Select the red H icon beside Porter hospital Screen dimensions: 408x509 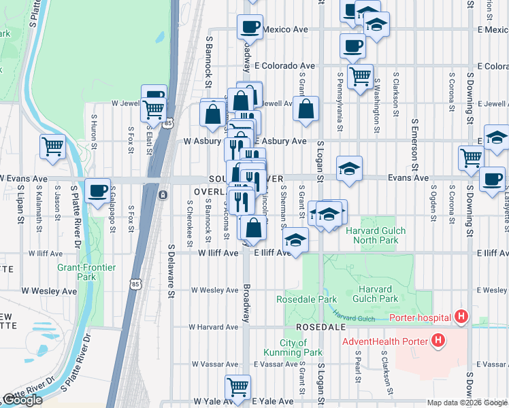click(462, 316)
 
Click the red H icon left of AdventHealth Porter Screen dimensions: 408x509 click(439, 341)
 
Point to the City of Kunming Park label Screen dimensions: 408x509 click(293, 347)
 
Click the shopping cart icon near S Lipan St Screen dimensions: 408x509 click(52, 146)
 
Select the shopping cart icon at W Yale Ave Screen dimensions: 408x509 click(237, 387)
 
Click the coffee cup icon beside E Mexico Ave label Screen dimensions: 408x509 click(250, 27)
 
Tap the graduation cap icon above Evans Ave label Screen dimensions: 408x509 click(349, 168)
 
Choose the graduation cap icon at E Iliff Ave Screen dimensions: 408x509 click(295, 239)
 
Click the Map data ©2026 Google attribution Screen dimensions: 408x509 click(466, 403)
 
